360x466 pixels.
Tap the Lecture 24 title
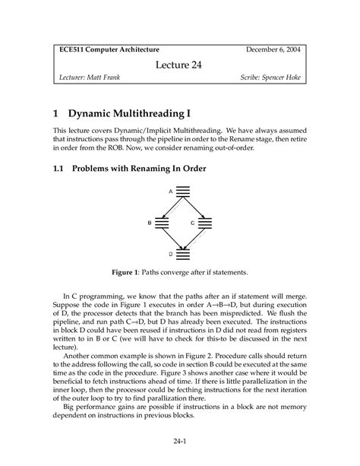click(180, 65)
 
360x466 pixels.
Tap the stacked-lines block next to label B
click(161, 222)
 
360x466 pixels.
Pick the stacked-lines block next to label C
click(207, 222)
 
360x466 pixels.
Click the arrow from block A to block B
click(171, 207)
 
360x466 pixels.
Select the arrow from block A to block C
click(196, 207)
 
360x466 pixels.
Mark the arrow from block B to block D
click(171, 238)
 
